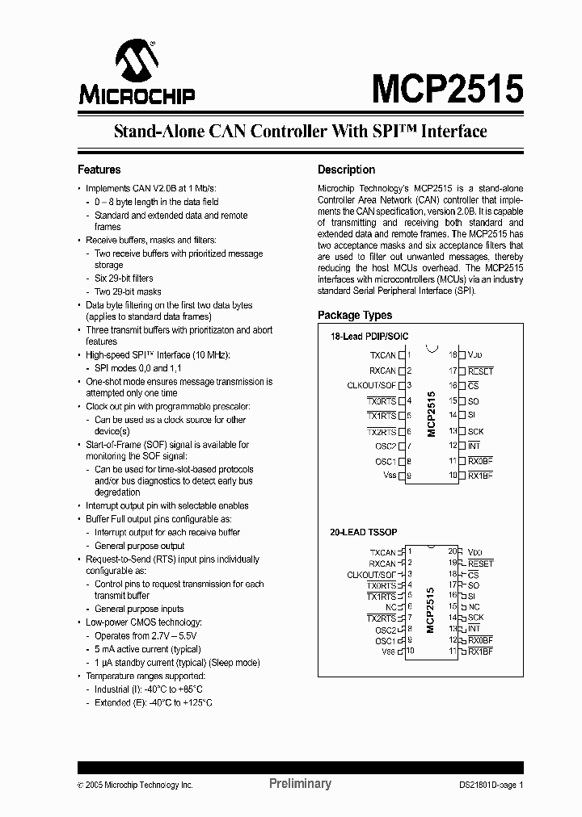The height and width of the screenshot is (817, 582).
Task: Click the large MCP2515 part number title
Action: [x=447, y=87]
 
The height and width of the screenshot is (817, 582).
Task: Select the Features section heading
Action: [x=99, y=170]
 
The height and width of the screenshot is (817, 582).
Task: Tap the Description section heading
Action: [x=346, y=170]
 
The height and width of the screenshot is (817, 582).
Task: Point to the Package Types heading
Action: [x=355, y=315]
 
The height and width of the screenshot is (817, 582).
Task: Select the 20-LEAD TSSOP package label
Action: [x=362, y=534]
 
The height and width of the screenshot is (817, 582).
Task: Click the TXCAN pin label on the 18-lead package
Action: [x=382, y=355]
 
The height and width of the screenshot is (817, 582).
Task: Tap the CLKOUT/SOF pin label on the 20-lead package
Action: [x=371, y=575]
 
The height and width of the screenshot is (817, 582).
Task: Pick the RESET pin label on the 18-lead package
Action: [x=480, y=371]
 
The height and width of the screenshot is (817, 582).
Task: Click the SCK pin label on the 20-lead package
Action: [x=475, y=618]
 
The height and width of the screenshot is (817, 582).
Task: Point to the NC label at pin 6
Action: [x=390, y=607]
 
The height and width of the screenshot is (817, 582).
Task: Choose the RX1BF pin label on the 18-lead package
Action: [x=480, y=476]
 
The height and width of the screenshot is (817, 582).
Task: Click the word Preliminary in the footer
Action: [x=299, y=783]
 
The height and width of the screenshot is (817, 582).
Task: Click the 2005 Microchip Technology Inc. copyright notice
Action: [x=135, y=784]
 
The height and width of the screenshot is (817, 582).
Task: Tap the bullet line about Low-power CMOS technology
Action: [x=144, y=622]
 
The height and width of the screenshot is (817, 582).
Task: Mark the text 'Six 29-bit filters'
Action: [x=124, y=279]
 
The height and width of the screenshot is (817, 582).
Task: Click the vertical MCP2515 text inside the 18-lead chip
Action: [x=432, y=414]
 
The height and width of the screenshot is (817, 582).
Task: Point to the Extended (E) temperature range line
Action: [x=154, y=702]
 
